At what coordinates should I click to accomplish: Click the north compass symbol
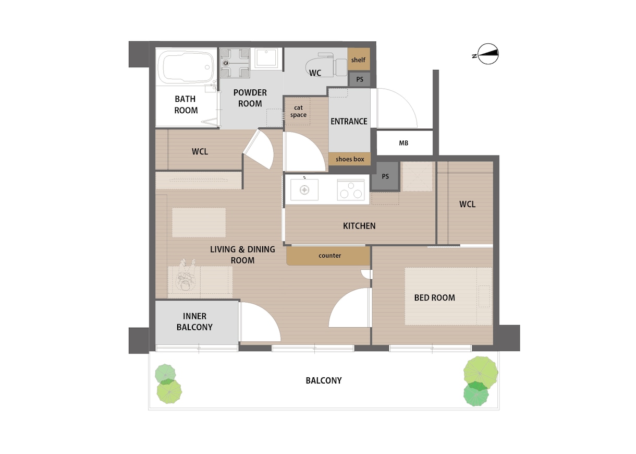tap(488, 54)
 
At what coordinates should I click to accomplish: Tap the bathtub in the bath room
tap(186, 67)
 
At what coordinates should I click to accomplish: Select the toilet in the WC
tap(326, 65)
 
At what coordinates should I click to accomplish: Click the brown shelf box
tap(359, 59)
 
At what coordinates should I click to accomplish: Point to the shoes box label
tap(350, 159)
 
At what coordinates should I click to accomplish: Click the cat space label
tap(298, 111)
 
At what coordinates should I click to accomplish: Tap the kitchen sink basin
tap(304, 189)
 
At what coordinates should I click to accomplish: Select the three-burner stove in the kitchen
tap(351, 189)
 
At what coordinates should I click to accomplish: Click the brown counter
tap(328, 256)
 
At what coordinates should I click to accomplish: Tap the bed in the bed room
tap(448, 296)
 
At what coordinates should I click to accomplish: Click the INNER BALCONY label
tap(195, 321)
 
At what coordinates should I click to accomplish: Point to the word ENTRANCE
tap(349, 122)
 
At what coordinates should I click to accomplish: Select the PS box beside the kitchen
tap(385, 176)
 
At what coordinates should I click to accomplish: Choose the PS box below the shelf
tap(360, 79)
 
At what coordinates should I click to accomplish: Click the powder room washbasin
tap(266, 58)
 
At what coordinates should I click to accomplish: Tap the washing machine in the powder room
tap(235, 63)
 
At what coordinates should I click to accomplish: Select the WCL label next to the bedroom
tap(467, 204)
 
